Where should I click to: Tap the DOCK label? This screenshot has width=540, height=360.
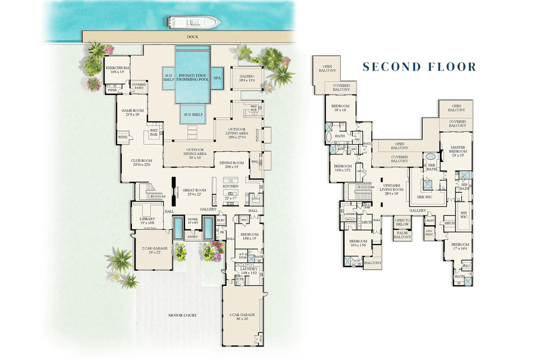(193, 37)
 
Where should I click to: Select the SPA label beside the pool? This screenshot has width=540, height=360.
(217, 78)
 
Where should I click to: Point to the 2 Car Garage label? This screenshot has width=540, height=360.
(150, 249)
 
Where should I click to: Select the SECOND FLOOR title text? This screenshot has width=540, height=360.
(419, 67)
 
